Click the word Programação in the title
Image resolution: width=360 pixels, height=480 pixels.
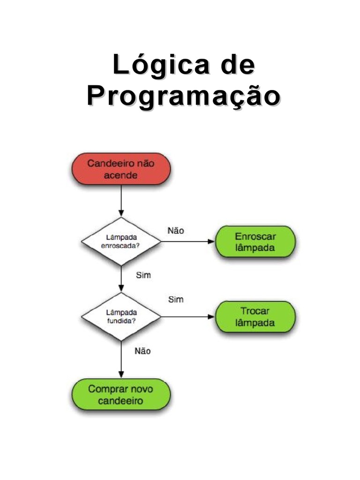[x=183, y=97]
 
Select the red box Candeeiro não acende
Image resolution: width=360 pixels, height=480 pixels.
[x=120, y=169]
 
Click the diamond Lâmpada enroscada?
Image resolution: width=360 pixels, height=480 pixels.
[x=121, y=241]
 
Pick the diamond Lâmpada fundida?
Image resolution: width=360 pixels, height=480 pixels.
[x=121, y=316]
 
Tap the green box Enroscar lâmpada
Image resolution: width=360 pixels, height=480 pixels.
[x=255, y=241]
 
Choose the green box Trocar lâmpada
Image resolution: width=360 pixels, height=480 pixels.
[x=255, y=316]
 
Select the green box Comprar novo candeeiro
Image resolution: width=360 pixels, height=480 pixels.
[x=120, y=395]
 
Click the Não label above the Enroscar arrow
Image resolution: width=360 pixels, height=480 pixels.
[x=176, y=231]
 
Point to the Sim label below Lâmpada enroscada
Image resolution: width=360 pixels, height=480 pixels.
[x=143, y=275]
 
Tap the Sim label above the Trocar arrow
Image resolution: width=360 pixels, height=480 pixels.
[x=176, y=300]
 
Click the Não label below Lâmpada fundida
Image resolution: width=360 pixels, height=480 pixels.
[x=142, y=351]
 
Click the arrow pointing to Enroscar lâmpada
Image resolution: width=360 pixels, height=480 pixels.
[x=187, y=242]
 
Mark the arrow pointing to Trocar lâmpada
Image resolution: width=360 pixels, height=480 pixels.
[x=187, y=317]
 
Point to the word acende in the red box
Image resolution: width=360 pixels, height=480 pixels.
[x=120, y=176]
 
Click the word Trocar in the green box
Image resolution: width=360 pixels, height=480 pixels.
[x=255, y=311]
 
